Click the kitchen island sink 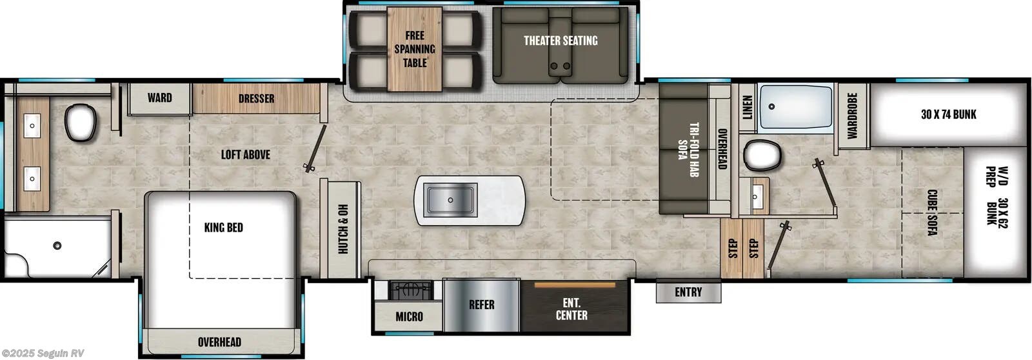(x=450, y=199)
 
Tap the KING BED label (x=223, y=228)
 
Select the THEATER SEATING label (x=560, y=41)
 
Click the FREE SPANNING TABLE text (x=415, y=49)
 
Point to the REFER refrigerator (x=481, y=305)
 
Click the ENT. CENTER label (x=571, y=309)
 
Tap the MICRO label (x=409, y=316)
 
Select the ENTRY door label (x=688, y=292)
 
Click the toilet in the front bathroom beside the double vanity (x=81, y=122)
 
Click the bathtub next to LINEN (x=795, y=108)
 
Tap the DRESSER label (x=256, y=99)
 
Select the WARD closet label (x=159, y=98)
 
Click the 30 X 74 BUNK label (x=948, y=115)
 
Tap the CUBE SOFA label (x=931, y=212)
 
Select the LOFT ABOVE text (x=245, y=155)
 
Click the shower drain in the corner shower (x=57, y=245)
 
